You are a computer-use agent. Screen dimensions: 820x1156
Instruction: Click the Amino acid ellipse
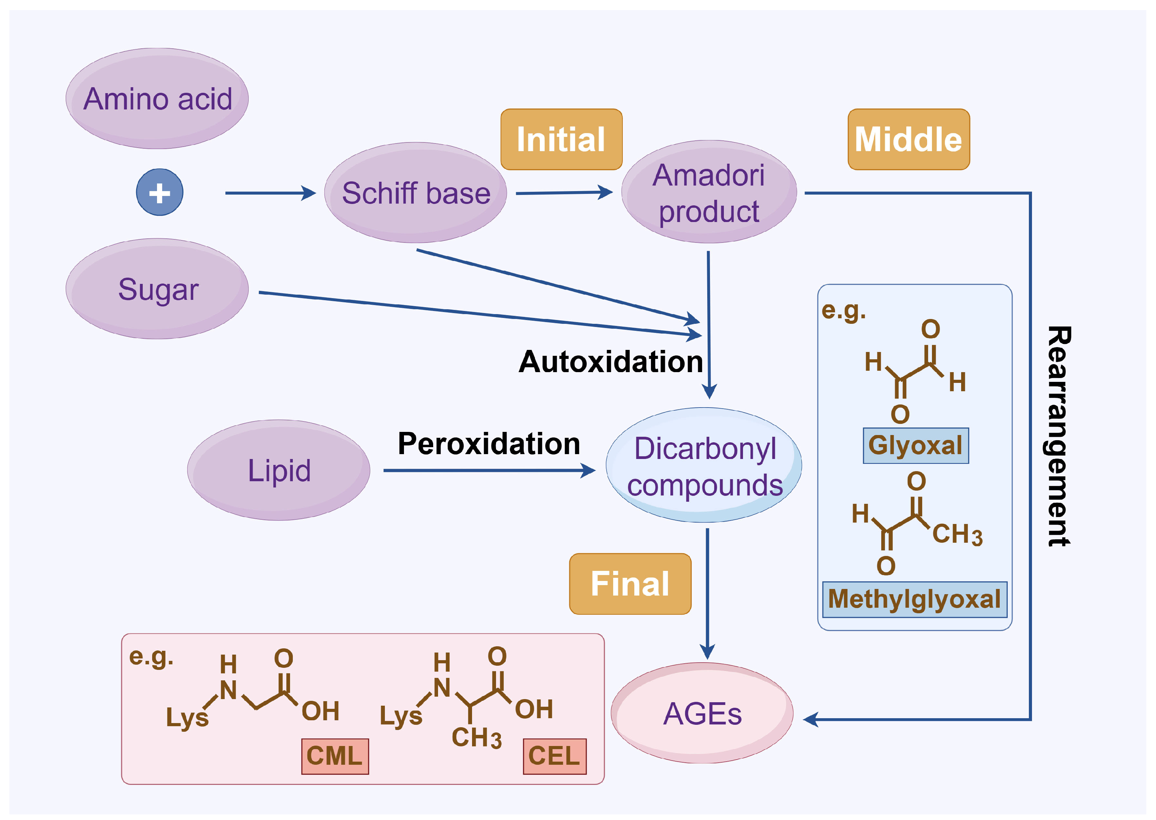[157, 98]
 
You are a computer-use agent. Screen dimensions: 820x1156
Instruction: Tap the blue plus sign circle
[159, 192]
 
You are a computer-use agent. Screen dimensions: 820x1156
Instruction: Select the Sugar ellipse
[157, 289]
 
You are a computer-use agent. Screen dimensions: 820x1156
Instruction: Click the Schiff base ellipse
[415, 192]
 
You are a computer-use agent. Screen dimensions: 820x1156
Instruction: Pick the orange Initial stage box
[561, 139]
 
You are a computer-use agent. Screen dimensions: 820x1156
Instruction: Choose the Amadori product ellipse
[708, 192]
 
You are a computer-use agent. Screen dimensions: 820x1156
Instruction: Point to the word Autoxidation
[610, 361]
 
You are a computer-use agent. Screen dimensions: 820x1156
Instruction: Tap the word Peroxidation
[489, 443]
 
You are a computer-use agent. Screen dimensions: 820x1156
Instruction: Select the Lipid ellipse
[279, 470]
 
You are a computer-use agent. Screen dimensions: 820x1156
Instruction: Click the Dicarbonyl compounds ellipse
[704, 466]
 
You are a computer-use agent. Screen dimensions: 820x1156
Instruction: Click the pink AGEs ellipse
[702, 713]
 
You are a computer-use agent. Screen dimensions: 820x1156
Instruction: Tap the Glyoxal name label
[915, 445]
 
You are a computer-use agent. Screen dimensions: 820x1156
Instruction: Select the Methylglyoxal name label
[914, 599]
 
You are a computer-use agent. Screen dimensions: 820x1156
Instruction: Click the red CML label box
[335, 756]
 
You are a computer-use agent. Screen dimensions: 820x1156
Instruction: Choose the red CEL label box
[554, 756]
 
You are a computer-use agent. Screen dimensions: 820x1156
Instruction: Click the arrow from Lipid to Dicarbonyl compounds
[489, 470]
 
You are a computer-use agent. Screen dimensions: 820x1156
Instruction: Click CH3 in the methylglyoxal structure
[957, 534]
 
